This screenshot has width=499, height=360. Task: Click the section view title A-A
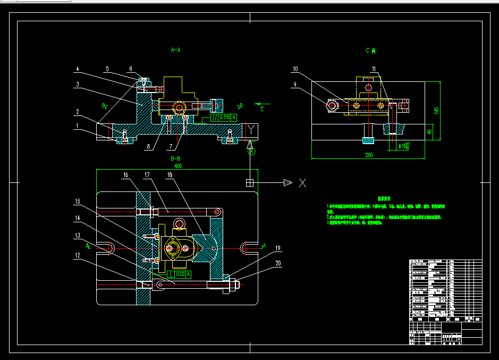pos(175,50)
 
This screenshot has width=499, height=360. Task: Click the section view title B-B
pos(175,158)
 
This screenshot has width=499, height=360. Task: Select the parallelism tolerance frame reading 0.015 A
pos(223,118)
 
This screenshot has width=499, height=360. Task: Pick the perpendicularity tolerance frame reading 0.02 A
pos(178,274)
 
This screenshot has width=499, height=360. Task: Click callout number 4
pos(77,69)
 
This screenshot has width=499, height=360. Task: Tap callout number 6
pos(131,69)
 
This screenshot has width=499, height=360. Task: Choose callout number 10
pos(295,69)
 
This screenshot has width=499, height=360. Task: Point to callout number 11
pos(374,69)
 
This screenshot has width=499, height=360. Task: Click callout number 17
pos(147,174)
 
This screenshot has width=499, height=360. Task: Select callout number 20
pos(277,262)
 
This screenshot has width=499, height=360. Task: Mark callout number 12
pos(77,255)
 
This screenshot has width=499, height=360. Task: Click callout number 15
pos(77,202)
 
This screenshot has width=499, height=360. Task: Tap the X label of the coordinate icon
pos(302,183)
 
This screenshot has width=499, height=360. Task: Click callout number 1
pos(77,126)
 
